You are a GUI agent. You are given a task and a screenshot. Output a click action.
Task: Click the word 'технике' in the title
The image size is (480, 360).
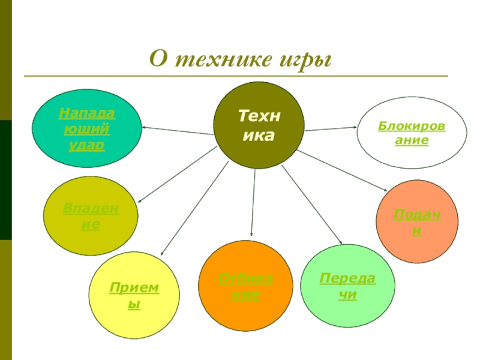(218, 60)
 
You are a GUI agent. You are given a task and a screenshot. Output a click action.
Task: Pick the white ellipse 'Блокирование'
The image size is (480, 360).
(403, 133)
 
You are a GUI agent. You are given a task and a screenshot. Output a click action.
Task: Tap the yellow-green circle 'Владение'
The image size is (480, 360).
(91, 216)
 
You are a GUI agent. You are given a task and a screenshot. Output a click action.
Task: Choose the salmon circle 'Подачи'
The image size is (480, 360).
(416, 221)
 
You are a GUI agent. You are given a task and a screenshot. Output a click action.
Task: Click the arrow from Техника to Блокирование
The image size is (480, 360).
(330, 128)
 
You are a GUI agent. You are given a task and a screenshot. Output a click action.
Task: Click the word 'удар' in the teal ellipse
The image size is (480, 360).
(86, 145)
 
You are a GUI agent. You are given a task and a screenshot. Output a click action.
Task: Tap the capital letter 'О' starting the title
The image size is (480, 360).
(157, 60)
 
